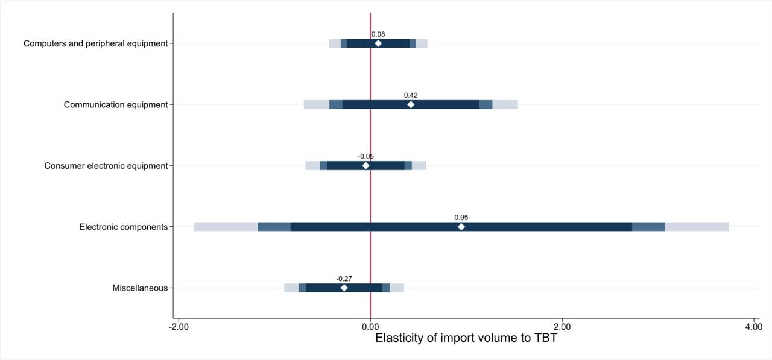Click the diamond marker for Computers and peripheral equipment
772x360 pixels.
[378, 43]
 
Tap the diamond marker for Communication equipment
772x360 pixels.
[411, 104]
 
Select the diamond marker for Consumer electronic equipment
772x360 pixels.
[365, 165]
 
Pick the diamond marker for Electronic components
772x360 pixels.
[461, 227]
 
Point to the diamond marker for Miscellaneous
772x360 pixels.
[344, 288]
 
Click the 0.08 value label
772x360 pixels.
[378, 34]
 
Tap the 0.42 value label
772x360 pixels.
[411, 95]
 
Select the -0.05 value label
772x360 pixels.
[365, 157]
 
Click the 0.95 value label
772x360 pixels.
[461, 218]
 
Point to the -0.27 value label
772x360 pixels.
[344, 279]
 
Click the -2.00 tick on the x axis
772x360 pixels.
[178, 327]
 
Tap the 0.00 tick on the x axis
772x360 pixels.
[370, 327]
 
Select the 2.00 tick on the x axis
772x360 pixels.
[562, 327]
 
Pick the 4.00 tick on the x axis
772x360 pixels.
[753, 327]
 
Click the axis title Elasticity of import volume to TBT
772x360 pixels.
[466, 338]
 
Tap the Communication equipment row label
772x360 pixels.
[116, 105]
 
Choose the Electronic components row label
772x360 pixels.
[124, 227]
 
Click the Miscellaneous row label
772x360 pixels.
[140, 288]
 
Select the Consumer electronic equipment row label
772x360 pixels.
[106, 166]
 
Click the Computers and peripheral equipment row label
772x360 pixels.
[95, 43]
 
